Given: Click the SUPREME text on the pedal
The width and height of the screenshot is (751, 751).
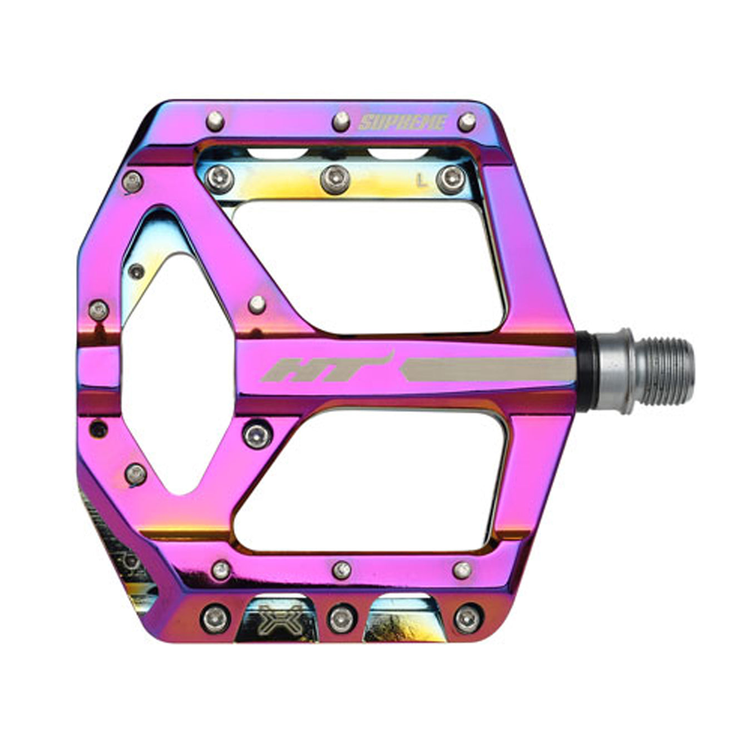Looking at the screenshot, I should click(403, 122).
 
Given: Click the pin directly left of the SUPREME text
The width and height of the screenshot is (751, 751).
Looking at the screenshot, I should click(340, 121).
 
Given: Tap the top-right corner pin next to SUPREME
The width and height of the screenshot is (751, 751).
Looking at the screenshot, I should click(467, 122).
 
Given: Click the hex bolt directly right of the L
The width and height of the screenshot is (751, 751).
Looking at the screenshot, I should click(451, 179).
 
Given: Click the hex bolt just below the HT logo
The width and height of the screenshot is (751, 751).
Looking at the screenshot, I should click(258, 434).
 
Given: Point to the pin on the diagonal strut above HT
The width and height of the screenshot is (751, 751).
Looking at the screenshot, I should click(256, 304).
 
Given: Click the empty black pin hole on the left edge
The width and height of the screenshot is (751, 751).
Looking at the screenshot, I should click(98, 429).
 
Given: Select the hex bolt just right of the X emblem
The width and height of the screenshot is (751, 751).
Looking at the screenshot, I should click(340, 618).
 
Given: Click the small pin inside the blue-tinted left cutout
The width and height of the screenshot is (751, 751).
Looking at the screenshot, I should click(136, 271).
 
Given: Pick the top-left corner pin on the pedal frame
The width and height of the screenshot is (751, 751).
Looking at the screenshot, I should click(215, 121).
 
